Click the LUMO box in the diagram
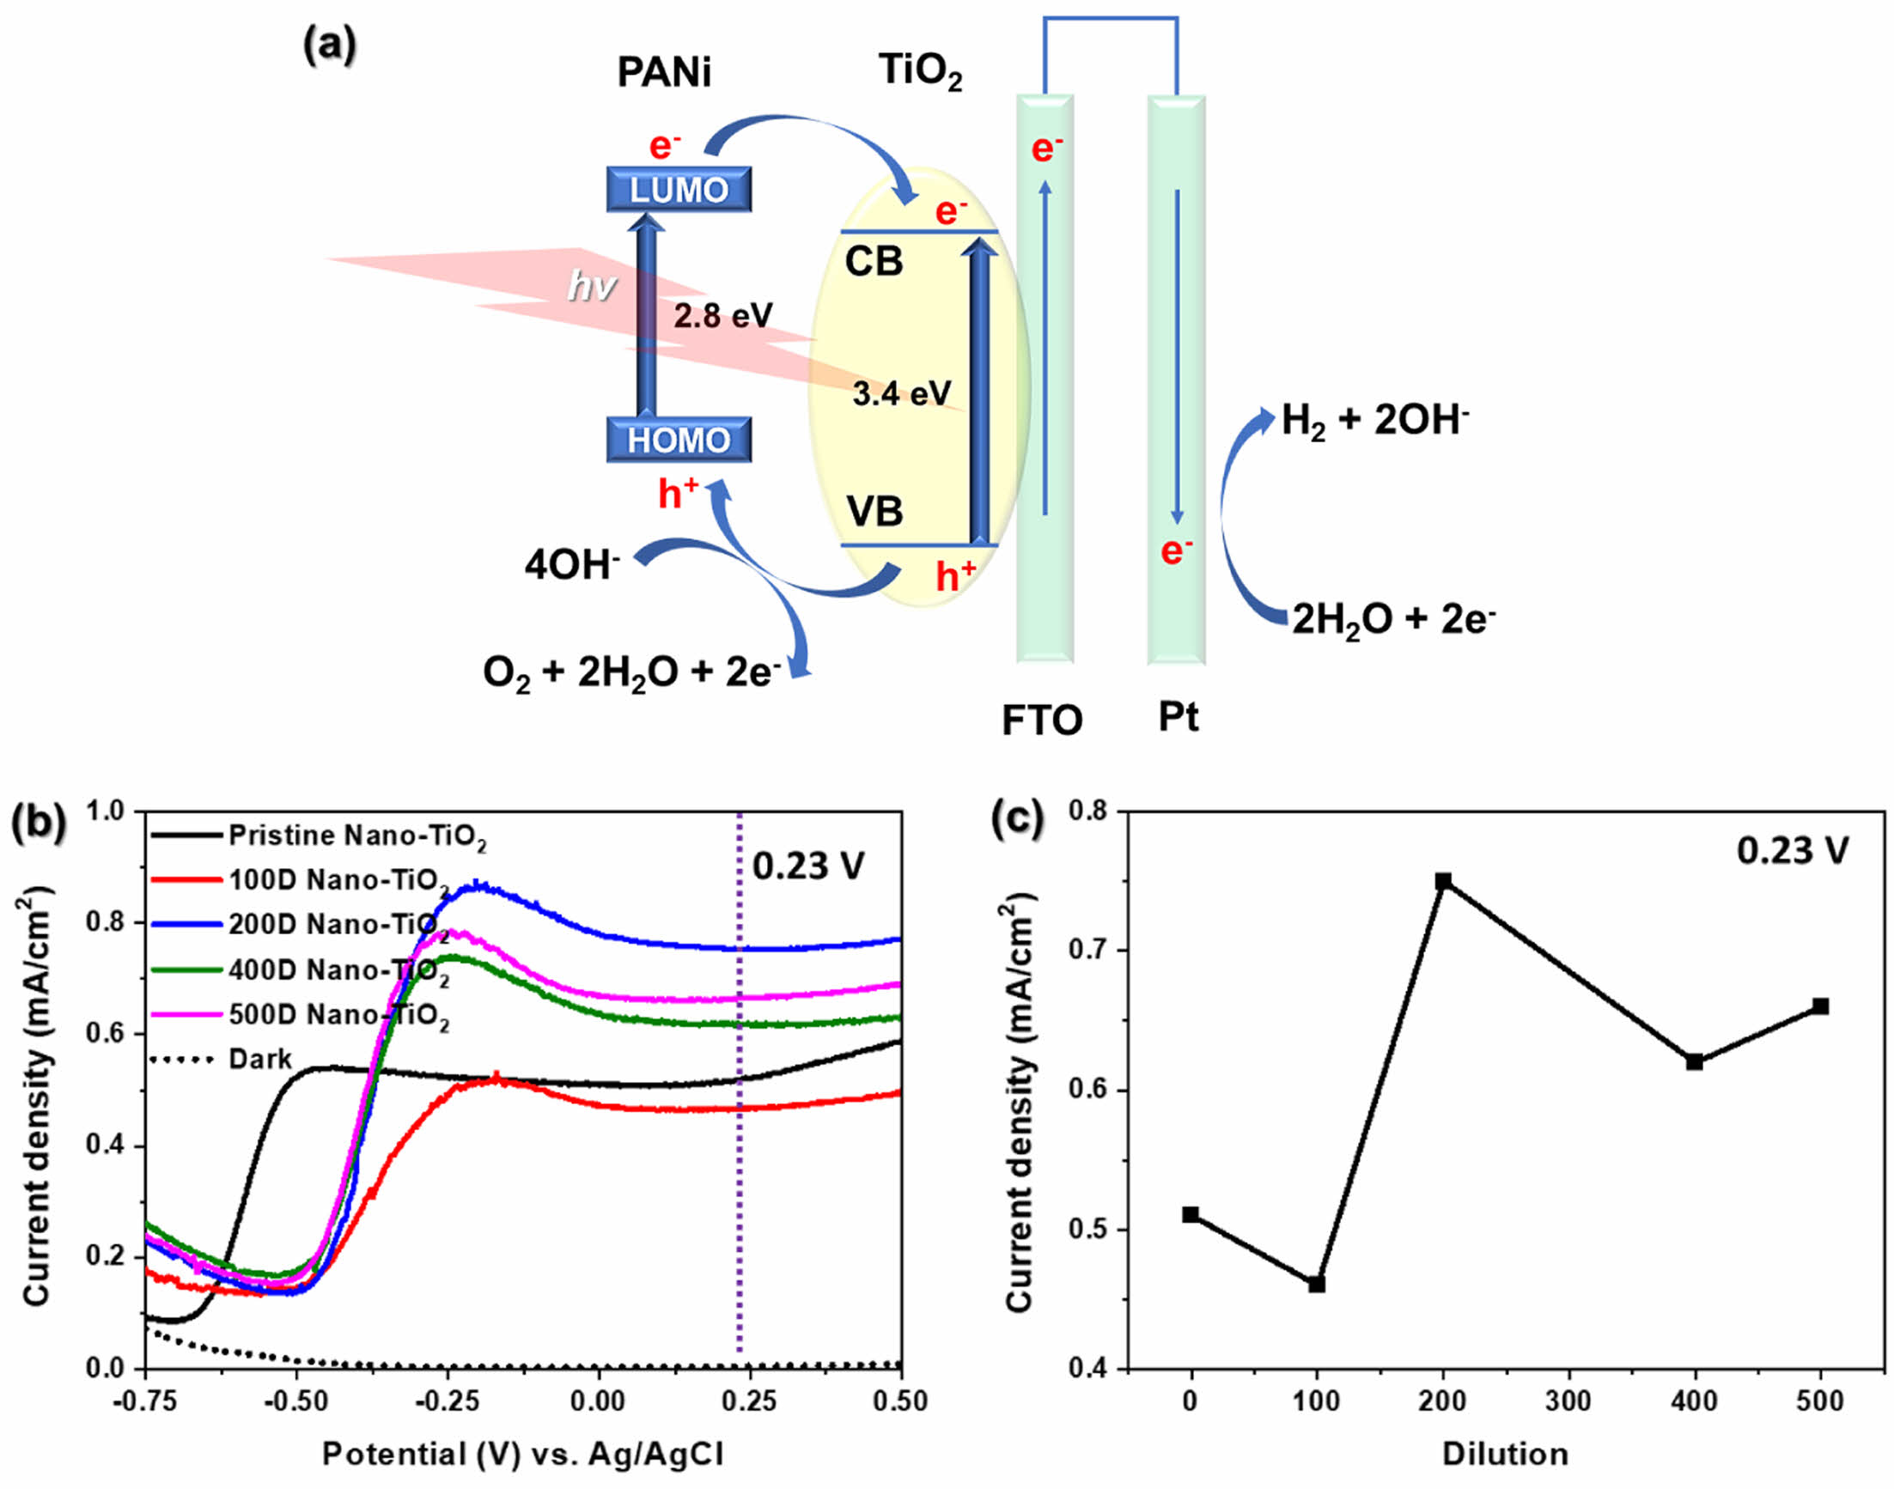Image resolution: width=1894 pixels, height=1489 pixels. (679, 189)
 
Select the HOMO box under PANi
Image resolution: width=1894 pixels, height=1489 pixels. (679, 441)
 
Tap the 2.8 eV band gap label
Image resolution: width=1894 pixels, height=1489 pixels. (722, 316)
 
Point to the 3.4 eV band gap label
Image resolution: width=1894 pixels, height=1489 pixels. (901, 394)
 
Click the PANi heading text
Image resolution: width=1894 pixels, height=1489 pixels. (664, 72)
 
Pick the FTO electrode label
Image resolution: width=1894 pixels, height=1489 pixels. (1041, 721)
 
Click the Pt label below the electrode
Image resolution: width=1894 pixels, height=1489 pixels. (1178, 718)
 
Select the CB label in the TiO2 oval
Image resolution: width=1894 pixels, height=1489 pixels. (874, 262)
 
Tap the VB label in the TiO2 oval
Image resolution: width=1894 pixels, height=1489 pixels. (874, 511)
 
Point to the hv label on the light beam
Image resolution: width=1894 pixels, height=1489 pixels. (592, 285)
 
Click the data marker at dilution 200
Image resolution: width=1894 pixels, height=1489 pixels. (1443, 881)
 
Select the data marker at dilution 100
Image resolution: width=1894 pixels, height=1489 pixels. (1317, 1284)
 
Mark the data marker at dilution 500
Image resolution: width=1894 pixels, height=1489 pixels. (1820, 1007)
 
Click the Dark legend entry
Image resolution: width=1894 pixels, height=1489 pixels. (259, 1059)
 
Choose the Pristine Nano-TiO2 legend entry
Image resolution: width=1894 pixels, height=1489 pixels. (356, 836)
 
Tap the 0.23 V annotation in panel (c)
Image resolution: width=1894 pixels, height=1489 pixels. (1792, 851)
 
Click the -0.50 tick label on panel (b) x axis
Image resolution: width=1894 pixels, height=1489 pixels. (296, 1401)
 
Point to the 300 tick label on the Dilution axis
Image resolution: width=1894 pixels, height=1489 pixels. (1568, 1401)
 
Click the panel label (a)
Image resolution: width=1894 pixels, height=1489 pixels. (330, 46)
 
